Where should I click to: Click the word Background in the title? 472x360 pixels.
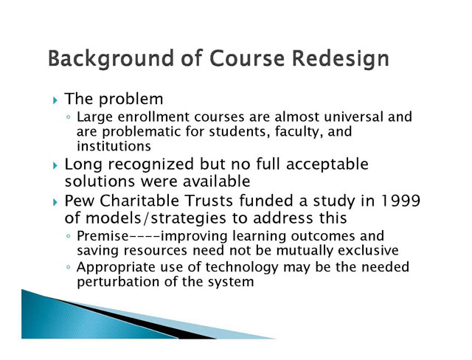111,59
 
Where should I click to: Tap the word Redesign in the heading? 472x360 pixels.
341,59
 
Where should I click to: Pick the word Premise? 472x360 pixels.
103,235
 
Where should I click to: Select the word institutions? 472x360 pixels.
114,146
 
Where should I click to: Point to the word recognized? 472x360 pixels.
150,165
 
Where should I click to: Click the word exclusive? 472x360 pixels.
368,250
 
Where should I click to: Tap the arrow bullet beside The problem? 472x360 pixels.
55,100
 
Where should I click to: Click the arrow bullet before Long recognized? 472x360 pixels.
55,165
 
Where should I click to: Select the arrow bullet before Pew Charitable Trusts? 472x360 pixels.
55,202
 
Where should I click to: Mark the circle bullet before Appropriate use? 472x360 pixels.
69,267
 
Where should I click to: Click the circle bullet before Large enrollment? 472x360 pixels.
69,117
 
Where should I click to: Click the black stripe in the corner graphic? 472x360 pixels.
136,319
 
